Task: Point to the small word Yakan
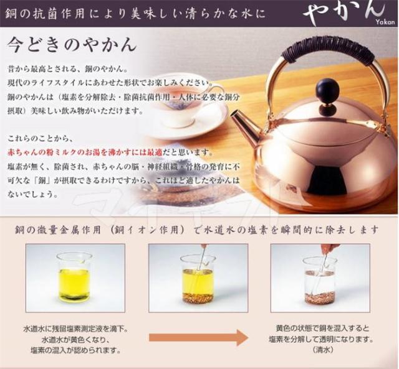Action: [385, 22]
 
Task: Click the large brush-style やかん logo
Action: [344, 12]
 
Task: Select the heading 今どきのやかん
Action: [72, 45]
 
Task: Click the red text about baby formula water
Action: [85, 152]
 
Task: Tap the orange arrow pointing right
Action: [198, 337]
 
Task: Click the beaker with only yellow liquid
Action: [74, 276]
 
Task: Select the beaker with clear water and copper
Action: [320, 281]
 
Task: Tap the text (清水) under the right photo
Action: [319, 350]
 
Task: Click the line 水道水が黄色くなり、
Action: [75, 340]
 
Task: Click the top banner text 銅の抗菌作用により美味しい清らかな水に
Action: [135, 13]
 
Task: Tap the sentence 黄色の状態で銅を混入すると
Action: [322, 328]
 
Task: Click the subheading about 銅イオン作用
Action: [197, 230]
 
